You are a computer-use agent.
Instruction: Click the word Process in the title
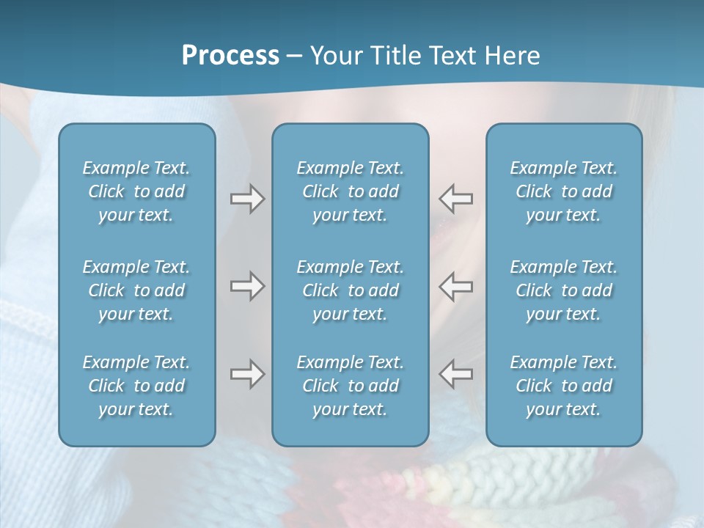coord(230,56)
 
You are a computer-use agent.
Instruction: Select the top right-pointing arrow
coord(247,199)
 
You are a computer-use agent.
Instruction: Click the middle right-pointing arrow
coord(247,286)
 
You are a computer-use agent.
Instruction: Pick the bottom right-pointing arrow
coord(247,374)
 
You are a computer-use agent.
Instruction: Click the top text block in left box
coord(136,191)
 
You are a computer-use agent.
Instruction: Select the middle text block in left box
coord(136,290)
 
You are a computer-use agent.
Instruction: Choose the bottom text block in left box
coord(136,386)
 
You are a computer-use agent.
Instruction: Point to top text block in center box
coord(350,191)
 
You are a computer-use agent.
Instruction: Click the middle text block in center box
coord(350,290)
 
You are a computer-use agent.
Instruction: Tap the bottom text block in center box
coord(350,386)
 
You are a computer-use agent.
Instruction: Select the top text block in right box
coord(563,191)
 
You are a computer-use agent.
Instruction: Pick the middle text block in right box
coord(563,290)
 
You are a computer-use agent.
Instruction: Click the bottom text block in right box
coord(563,386)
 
